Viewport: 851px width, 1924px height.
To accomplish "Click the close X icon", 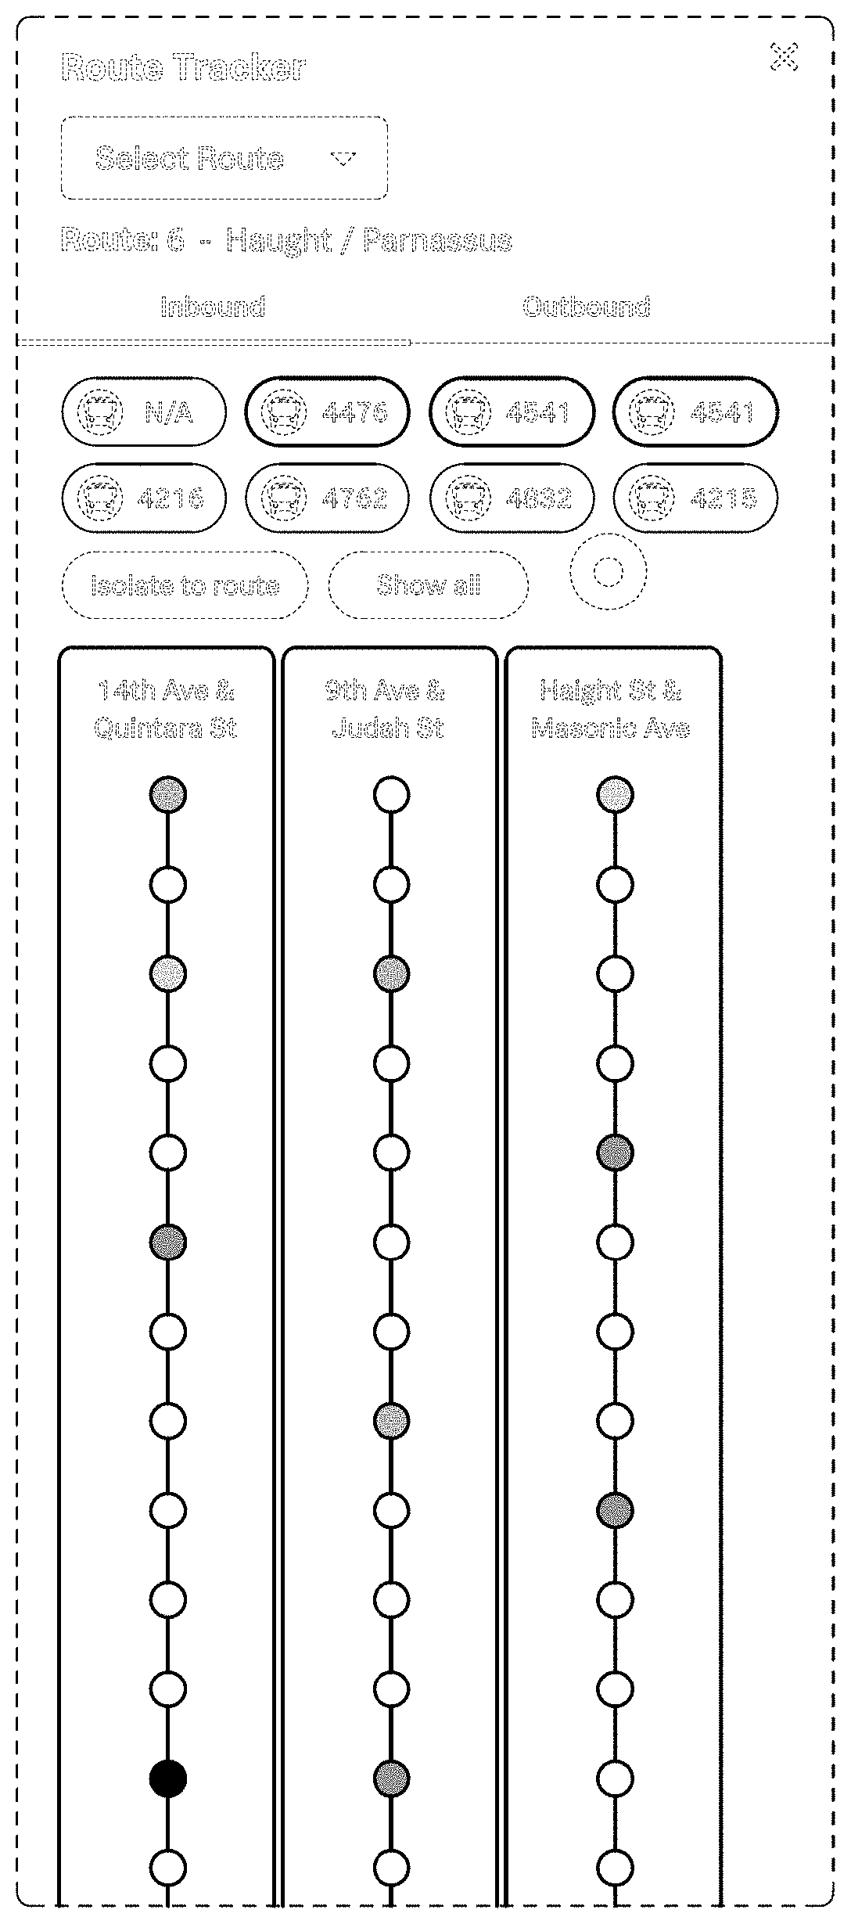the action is (784, 57).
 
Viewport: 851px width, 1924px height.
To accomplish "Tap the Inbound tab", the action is (213, 307).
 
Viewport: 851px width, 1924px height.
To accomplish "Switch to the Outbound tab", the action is (586, 307).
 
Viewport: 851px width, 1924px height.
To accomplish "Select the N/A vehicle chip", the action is (144, 412).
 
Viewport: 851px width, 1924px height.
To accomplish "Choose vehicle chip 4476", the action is (328, 412).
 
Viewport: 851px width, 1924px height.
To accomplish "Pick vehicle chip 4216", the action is (144, 498).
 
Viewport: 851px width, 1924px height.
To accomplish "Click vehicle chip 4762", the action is (328, 498).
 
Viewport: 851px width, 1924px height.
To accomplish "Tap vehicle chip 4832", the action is (512, 498).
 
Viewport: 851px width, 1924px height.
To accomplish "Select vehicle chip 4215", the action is (696, 498).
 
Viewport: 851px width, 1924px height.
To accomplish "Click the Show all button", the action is (429, 585).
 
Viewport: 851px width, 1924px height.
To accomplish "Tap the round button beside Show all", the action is (609, 573).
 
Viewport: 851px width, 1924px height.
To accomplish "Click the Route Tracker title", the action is (183, 67).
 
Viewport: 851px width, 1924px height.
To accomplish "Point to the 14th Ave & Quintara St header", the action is (166, 709).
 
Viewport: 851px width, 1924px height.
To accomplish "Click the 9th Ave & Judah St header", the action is (388, 709).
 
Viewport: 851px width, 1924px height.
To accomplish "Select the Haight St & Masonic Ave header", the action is (611, 709).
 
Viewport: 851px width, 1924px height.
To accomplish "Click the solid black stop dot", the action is (168, 1779).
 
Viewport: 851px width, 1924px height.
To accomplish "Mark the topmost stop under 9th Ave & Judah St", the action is (391, 795).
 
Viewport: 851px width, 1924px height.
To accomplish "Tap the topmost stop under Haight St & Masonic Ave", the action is (615, 795).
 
